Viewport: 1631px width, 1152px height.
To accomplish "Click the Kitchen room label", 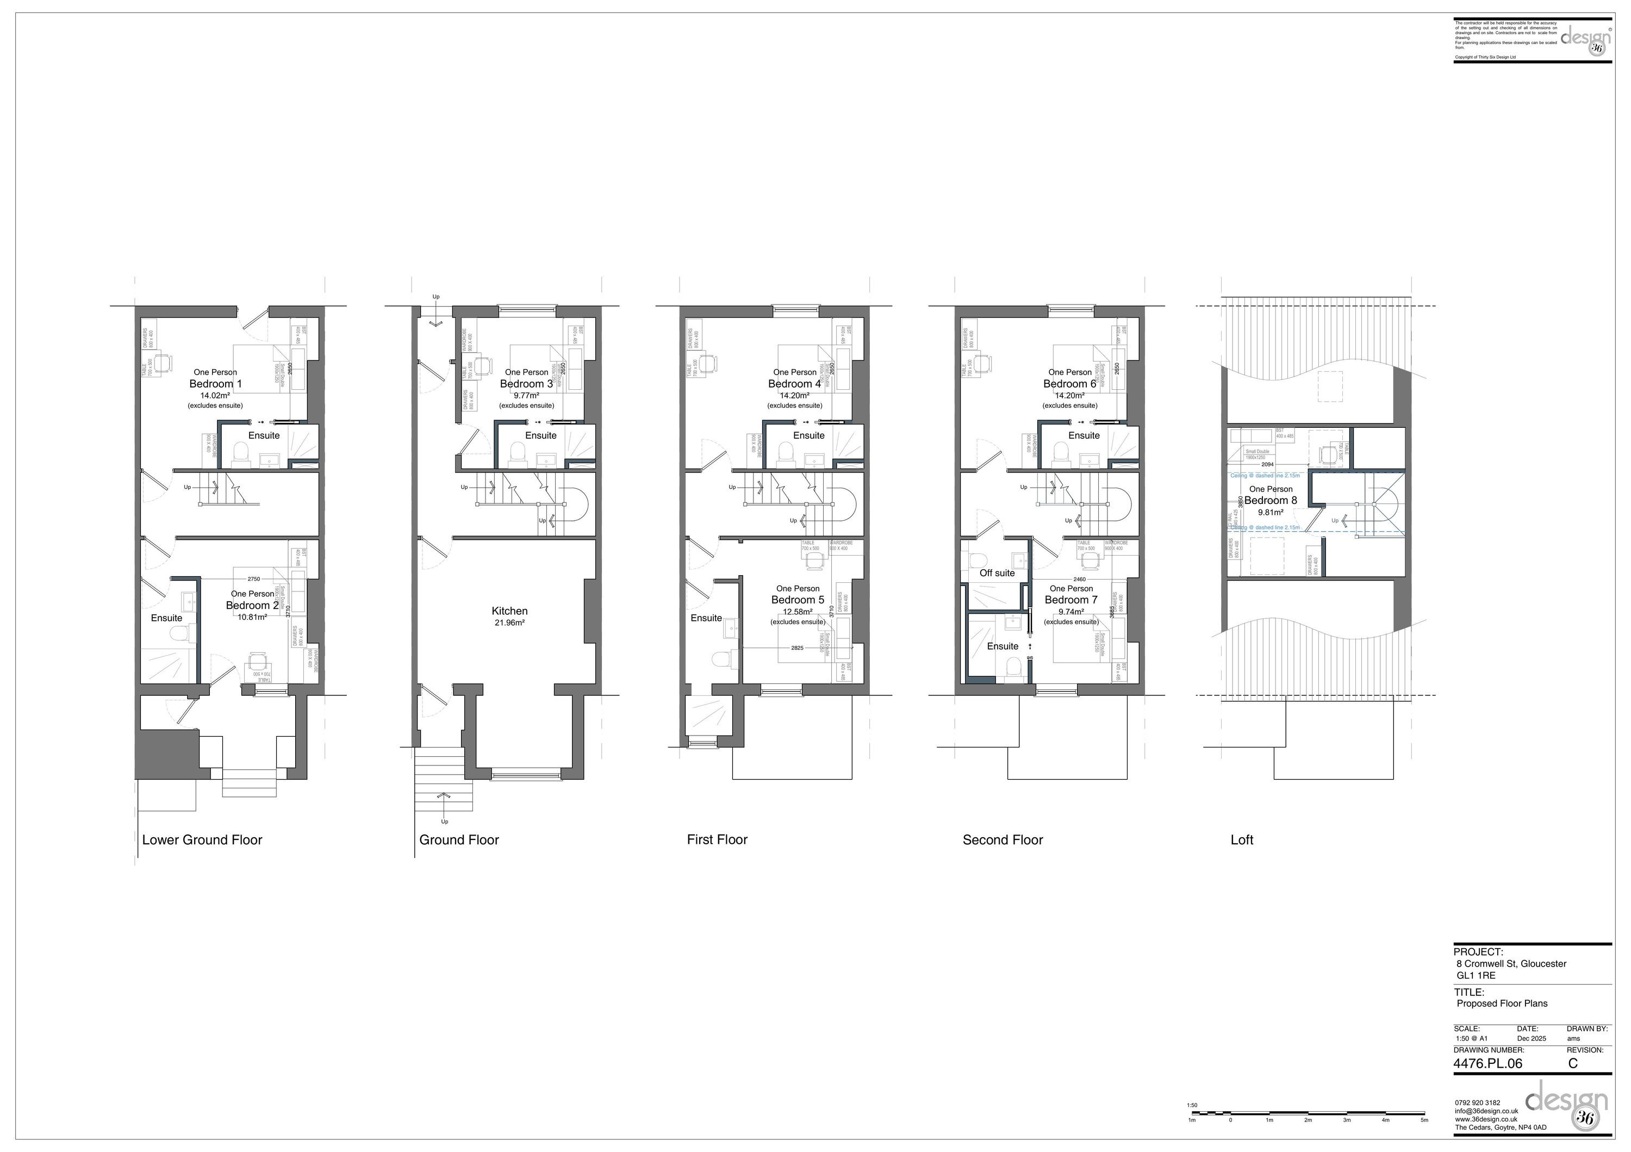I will (x=509, y=611).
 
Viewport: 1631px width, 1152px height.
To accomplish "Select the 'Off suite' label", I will (x=997, y=573).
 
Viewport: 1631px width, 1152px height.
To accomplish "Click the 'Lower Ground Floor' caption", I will (x=202, y=839).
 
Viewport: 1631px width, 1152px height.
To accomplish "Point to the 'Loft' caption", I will (x=1241, y=839).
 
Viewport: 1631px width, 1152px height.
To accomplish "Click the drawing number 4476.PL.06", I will (x=1487, y=1063).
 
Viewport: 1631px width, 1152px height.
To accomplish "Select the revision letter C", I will (x=1573, y=1063).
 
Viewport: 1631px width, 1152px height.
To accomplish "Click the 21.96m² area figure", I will (x=509, y=623).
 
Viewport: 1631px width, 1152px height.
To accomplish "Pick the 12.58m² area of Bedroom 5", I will (x=797, y=612).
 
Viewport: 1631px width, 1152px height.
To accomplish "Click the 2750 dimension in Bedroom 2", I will (x=253, y=579).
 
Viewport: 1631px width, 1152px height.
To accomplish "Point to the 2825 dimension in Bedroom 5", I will (x=797, y=647).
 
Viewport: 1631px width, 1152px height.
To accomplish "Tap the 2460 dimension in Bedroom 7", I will (x=1079, y=580).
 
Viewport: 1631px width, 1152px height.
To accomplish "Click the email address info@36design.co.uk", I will (x=1486, y=1111).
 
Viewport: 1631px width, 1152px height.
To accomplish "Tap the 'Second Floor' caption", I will (x=1003, y=839).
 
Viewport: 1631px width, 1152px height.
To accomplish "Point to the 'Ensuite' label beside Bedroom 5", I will (x=706, y=618).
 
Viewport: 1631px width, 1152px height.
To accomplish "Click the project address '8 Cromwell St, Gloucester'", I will (x=1511, y=964).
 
